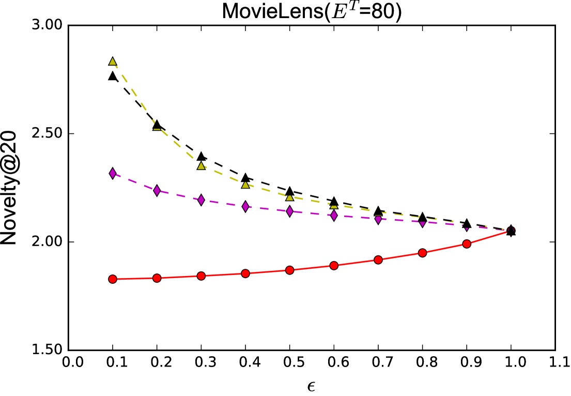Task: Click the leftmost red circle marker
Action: coord(113,279)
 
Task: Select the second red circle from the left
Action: coord(157,278)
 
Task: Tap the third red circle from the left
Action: coord(201,276)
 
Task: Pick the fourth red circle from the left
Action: coord(245,273)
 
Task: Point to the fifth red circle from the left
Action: coord(290,270)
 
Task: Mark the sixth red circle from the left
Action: coord(334,266)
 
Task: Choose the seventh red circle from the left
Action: coord(378,260)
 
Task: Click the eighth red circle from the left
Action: coord(423,253)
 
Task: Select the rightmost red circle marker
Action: coord(467,244)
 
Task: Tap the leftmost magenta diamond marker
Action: coord(113,173)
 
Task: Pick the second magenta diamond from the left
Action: coord(157,191)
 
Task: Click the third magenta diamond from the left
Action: coord(201,200)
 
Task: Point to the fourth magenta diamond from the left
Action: coord(245,207)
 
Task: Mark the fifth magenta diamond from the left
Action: coord(290,211)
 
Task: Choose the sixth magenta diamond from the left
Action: coord(334,215)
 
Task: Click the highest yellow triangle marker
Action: coord(113,62)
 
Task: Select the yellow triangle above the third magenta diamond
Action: coord(201,166)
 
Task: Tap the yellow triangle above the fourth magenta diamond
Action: coord(245,185)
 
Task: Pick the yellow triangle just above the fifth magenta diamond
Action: coord(290,197)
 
